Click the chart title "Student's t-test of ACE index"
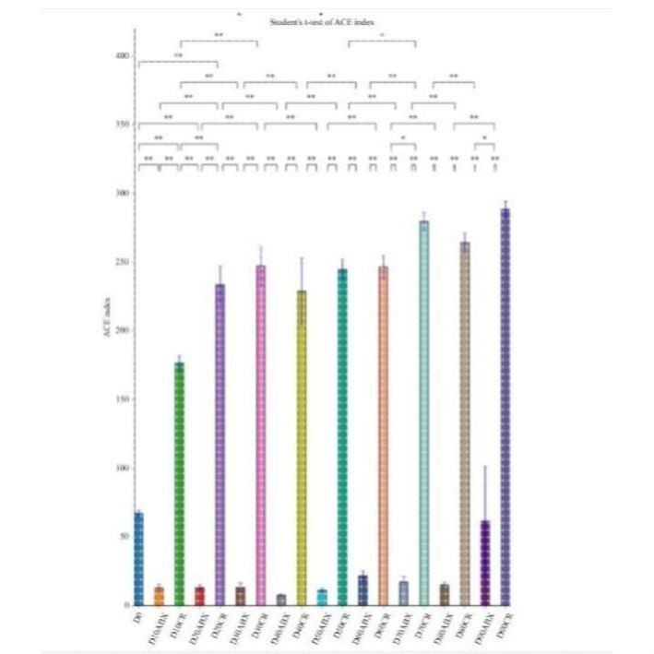[328, 20]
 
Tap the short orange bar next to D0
[159, 596]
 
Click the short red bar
[199, 596]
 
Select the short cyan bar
[321, 597]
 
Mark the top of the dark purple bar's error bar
[485, 467]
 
